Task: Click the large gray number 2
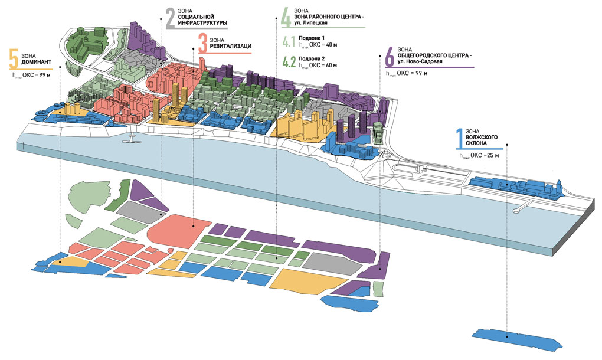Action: (170, 18)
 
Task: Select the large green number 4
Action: (286, 18)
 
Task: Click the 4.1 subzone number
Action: (288, 42)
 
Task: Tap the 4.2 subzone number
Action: (289, 61)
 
